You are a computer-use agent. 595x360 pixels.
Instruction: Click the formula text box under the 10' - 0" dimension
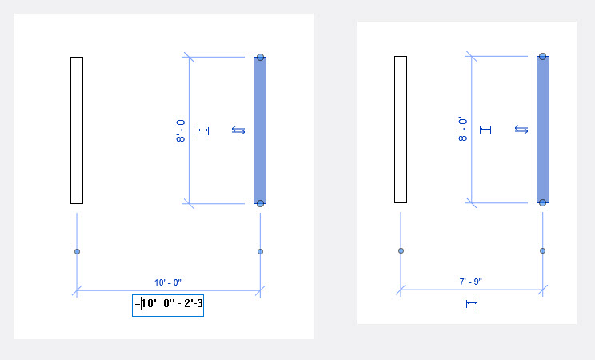pos(168,304)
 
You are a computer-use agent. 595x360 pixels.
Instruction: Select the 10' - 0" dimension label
pos(168,282)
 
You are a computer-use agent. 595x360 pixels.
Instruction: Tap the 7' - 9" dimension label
pos(470,281)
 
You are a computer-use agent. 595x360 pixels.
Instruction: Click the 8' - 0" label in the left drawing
pos(181,130)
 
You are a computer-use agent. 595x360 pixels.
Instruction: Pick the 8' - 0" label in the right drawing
pos(463,129)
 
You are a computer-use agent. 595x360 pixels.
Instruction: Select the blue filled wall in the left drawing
pos(259,130)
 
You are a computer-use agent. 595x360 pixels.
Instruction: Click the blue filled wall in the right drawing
pos(542,129)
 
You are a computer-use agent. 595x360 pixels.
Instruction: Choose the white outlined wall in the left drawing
pos(77,130)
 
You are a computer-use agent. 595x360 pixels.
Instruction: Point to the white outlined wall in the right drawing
pos(401,129)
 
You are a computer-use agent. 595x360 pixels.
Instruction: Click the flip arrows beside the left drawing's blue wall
pos(238,130)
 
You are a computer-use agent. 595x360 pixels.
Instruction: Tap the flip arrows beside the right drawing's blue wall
pos(521,129)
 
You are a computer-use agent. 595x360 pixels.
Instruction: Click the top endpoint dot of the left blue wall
pos(260,58)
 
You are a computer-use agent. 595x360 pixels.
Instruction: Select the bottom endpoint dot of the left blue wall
pos(260,203)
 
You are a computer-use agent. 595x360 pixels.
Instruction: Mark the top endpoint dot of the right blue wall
pos(542,56)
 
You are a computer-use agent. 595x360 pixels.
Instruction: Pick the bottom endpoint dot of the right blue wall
pos(542,202)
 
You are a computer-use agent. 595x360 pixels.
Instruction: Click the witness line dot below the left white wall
pos(77,251)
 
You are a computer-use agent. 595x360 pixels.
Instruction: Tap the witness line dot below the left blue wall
pos(260,251)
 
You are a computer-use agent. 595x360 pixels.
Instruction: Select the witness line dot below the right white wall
pos(401,250)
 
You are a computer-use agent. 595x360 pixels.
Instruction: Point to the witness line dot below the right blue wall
pos(542,250)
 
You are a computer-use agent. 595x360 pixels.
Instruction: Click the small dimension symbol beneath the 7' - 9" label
pos(471,303)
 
